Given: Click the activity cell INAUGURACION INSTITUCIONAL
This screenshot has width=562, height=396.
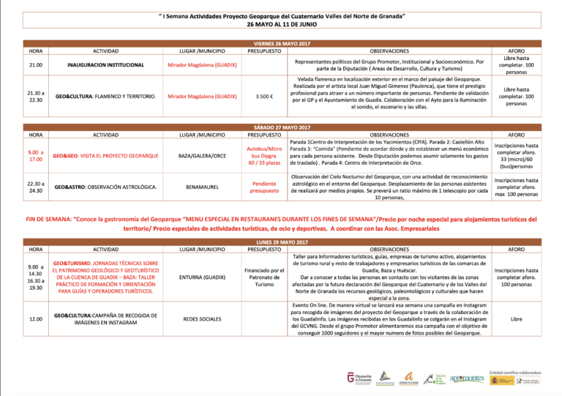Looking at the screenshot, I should pos(106,65).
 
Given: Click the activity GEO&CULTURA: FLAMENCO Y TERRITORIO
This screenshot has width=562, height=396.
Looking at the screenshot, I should pos(106,97).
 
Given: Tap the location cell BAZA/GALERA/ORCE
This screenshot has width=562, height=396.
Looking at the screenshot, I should pos(202,156).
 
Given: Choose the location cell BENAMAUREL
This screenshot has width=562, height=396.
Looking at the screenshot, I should pos(202,187).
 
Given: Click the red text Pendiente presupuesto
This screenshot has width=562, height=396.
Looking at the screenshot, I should pos(264,187).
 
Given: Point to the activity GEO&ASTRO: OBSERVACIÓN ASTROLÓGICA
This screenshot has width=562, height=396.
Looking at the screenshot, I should pos(106,187).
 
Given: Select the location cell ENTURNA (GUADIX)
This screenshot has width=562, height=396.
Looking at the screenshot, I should pos(202,277).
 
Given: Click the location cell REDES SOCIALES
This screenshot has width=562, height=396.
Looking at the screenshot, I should pos(202,319).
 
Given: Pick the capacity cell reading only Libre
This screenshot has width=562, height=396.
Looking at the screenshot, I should pos(517,319).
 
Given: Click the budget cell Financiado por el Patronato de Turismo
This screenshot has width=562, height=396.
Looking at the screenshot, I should pos(264,277).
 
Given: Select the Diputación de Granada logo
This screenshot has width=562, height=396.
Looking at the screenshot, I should pos(361,378).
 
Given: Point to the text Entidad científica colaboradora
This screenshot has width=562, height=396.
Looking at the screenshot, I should pos(514,371).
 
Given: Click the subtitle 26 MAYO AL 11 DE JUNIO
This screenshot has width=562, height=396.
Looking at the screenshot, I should pos(281,23).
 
